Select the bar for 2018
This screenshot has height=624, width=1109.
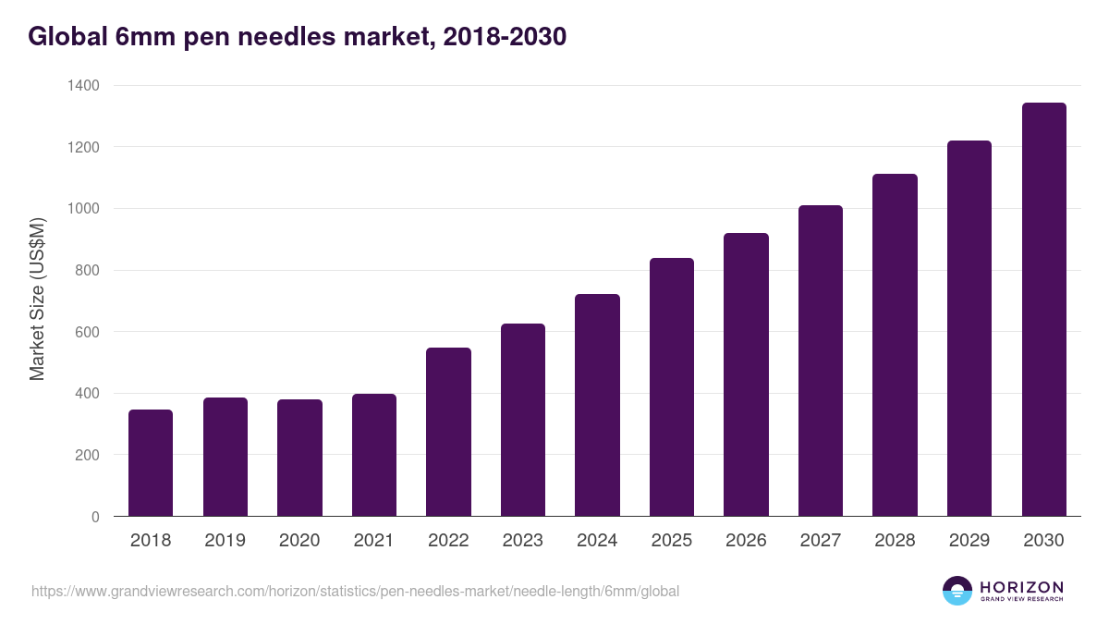click(151, 463)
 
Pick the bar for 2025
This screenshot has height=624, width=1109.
click(671, 387)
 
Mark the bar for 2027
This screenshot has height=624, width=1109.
click(820, 361)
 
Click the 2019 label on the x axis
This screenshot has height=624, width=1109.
click(225, 541)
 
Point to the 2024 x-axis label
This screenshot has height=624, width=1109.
click(597, 541)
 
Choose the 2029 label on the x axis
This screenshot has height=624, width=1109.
click(969, 541)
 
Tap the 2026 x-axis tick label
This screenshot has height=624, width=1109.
click(746, 541)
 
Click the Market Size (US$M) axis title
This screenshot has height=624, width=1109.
click(37, 300)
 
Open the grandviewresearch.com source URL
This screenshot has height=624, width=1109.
click(355, 591)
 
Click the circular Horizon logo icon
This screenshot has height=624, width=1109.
click(957, 591)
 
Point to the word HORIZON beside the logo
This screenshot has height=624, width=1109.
click(1022, 587)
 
